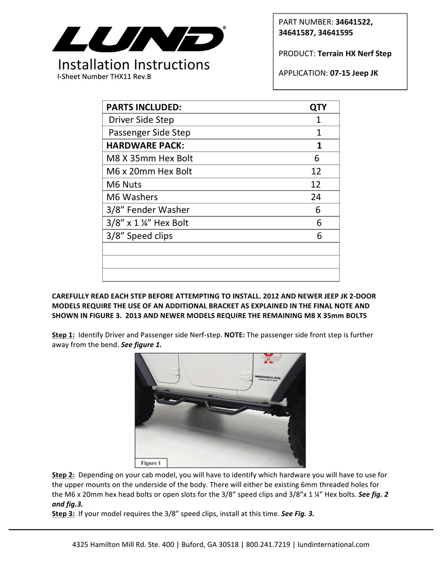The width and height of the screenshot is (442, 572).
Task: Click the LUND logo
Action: [138, 39]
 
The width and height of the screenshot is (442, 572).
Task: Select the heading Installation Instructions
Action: [134, 65]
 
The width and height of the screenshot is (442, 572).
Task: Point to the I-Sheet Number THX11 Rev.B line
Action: [104, 77]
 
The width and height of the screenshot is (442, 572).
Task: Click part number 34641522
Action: [354, 22]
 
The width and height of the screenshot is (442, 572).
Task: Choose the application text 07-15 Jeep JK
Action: [354, 73]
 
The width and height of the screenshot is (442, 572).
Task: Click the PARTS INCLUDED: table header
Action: [144, 107]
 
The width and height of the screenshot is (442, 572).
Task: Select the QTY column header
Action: [318, 107]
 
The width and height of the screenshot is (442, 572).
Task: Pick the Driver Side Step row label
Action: [141, 120]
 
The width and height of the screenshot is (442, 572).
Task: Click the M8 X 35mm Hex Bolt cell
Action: [149, 158]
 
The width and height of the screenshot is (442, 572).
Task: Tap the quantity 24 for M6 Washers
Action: [316, 197]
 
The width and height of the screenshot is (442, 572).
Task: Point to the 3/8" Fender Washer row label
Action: [148, 210]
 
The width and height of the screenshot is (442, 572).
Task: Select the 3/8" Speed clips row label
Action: [139, 236]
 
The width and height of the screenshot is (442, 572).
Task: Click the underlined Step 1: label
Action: [63, 335]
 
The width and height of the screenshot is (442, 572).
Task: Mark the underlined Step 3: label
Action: [63, 514]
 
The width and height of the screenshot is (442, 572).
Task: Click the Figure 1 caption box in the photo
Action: [151, 463]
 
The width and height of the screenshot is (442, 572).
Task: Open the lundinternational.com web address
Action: [333, 544]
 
